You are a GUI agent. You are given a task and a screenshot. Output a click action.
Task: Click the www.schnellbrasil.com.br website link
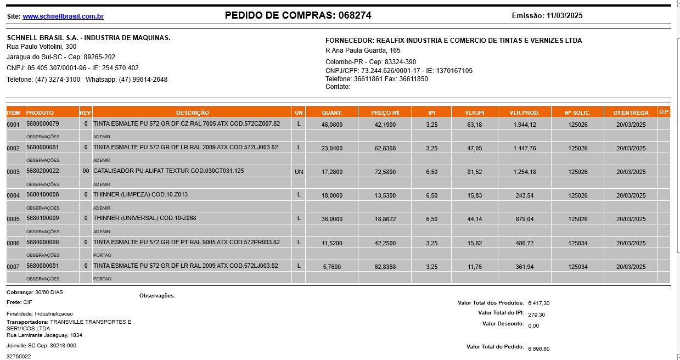click(63, 16)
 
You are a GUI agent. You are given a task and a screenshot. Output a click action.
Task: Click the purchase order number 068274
click(355, 15)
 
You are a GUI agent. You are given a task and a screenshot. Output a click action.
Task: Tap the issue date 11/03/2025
click(564, 16)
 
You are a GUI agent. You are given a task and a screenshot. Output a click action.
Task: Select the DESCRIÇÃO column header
click(192, 113)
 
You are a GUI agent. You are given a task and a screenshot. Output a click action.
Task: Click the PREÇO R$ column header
click(385, 113)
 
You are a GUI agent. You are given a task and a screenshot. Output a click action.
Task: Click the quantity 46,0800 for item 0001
click(331, 125)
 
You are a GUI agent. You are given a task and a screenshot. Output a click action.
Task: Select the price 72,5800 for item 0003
click(385, 172)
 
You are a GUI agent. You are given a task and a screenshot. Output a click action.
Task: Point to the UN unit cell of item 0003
click(299, 172)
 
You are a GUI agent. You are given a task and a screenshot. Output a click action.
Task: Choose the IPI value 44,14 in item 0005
click(475, 219)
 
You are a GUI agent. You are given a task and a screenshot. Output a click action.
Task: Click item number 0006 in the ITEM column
click(13, 243)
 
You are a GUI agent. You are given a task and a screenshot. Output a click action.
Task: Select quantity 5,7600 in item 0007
click(331, 267)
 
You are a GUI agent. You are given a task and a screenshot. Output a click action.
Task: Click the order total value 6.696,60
click(538, 348)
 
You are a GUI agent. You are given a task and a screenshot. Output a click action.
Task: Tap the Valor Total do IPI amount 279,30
click(536, 314)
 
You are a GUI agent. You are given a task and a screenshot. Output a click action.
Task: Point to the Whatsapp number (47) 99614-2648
click(143, 80)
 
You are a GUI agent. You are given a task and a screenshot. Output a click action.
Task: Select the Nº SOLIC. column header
click(577, 113)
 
